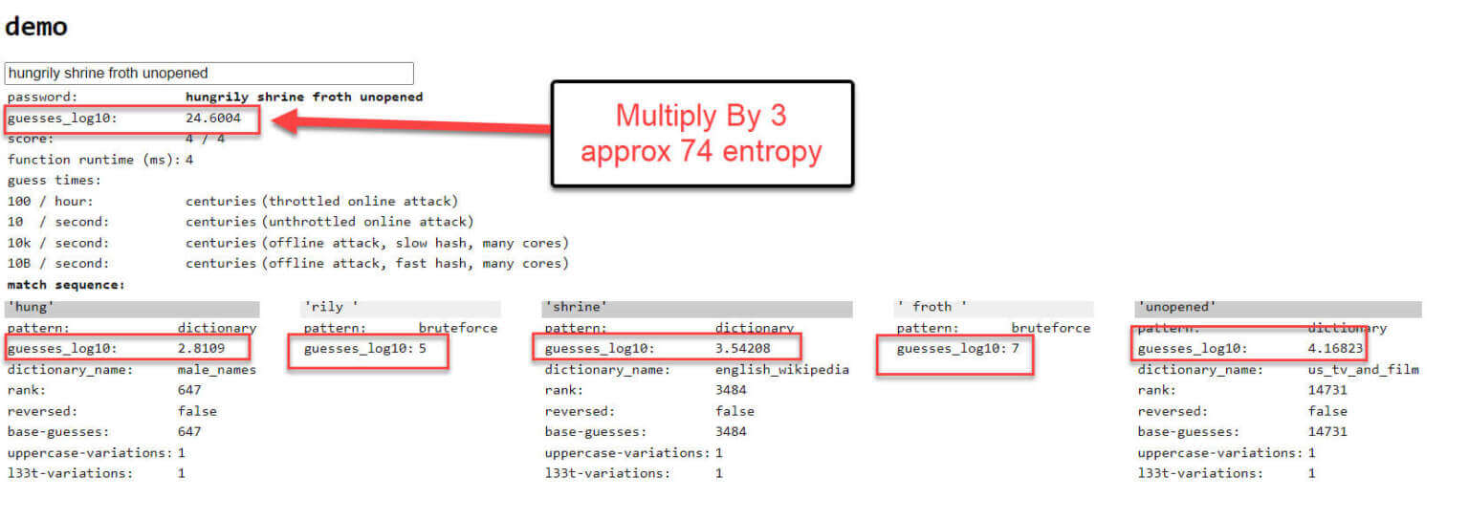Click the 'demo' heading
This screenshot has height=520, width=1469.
tap(36, 27)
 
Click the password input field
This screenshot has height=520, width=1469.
tap(209, 73)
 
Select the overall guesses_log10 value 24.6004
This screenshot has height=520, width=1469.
tap(213, 118)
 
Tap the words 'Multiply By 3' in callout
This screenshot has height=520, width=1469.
tap(701, 116)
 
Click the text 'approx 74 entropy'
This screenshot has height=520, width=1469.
tap(701, 151)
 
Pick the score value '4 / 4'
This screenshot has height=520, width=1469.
tap(206, 139)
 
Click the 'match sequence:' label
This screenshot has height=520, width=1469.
tap(66, 285)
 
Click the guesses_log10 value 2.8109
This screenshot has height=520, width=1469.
tap(202, 348)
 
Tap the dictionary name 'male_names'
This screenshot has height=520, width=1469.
tap(217, 370)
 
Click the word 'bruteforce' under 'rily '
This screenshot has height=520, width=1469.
tap(458, 328)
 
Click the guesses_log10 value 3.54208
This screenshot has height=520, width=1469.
tap(743, 348)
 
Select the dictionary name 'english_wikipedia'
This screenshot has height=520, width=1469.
tap(782, 370)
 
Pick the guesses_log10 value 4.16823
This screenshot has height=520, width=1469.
tap(1335, 348)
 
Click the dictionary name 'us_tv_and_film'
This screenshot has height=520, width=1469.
tap(1364, 370)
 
